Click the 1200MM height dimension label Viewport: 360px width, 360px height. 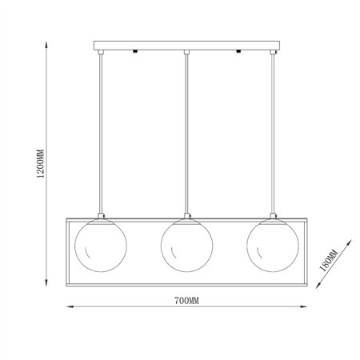(x=41, y=163)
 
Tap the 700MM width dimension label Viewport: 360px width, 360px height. (x=186, y=301)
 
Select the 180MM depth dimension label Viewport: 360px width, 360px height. (x=329, y=260)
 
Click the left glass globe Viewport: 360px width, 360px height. (x=101, y=245)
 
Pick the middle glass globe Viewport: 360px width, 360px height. (x=186, y=245)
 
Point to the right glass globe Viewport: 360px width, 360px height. (x=273, y=245)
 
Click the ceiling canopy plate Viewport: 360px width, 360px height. (x=186, y=46)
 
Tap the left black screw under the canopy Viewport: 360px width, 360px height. (x=135, y=51)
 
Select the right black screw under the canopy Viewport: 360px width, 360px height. (x=238, y=51)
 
